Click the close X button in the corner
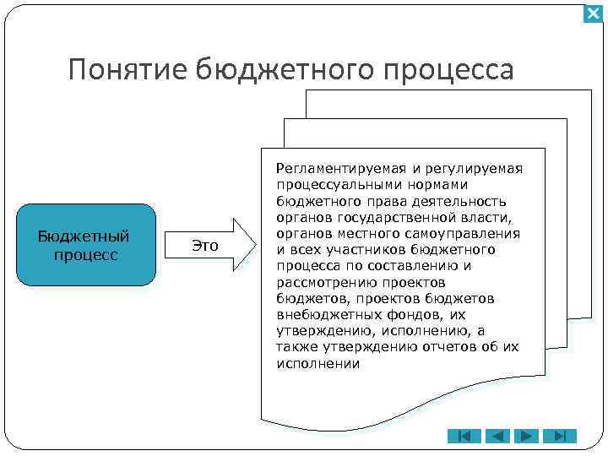click(594, 14)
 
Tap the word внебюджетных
click(320, 315)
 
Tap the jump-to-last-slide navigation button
click(558, 437)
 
